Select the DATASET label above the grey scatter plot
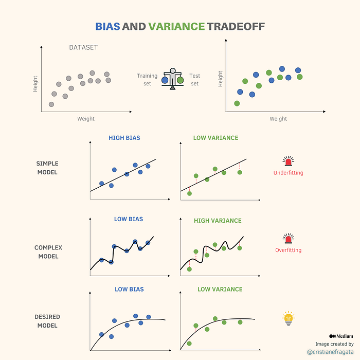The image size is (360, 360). coord(83,48)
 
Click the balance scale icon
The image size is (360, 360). coord(173,79)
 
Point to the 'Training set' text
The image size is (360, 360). coord(147,80)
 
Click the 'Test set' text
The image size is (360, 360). coord(194,80)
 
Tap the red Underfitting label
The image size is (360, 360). coord(288,173)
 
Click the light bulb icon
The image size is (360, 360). coord(289,318)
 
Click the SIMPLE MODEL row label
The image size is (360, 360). coord(47,168)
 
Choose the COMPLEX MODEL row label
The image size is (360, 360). coord(48,252)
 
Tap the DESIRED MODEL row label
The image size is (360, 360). coord(47,321)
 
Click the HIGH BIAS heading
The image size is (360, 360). coord(124,138)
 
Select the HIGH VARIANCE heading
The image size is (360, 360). coord(218,221)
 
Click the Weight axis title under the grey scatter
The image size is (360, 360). coord(86,119)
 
